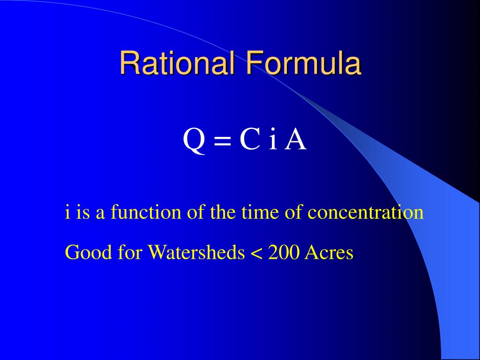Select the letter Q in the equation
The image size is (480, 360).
point(194,140)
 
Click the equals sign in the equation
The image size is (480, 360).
point(223,141)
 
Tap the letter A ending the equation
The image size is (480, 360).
point(296,140)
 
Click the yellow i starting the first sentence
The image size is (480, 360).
point(67,212)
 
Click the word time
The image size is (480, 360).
point(256,212)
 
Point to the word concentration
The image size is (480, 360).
point(366,212)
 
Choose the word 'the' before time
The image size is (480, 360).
point(223,212)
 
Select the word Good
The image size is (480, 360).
point(82,253)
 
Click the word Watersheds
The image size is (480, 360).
point(196,253)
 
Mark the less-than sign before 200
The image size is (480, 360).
point(256,254)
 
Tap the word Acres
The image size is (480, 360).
point(329,253)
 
